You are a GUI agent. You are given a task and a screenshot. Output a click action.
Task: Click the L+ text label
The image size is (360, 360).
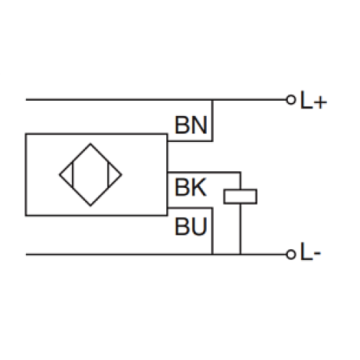click(x=314, y=102)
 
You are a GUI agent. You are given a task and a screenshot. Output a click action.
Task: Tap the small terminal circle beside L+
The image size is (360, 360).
click(x=291, y=99)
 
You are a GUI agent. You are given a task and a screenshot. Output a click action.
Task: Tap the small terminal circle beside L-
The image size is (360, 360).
click(x=291, y=254)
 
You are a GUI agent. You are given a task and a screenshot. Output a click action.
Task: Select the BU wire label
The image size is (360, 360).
click(x=191, y=228)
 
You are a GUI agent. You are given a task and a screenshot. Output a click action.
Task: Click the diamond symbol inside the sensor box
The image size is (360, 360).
click(x=91, y=174)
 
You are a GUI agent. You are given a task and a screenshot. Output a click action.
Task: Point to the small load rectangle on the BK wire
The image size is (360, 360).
click(x=240, y=195)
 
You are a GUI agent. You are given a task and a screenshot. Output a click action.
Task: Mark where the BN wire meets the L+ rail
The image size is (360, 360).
click(x=213, y=99)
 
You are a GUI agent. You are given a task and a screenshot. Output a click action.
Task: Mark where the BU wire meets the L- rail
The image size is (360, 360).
click(x=213, y=254)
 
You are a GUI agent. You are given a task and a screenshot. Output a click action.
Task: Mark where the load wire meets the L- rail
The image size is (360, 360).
click(x=240, y=254)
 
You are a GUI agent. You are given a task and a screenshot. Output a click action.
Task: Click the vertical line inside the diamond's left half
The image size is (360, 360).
click(x=73, y=174)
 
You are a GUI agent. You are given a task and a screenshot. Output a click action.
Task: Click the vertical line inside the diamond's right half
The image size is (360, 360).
click(x=108, y=174)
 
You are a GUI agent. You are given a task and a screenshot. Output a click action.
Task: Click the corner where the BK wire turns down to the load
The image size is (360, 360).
click(x=240, y=173)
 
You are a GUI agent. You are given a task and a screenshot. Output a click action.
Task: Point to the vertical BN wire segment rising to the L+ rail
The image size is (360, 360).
click(x=213, y=119)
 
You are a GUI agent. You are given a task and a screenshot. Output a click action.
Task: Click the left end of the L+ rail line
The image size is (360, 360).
click(x=27, y=99)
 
